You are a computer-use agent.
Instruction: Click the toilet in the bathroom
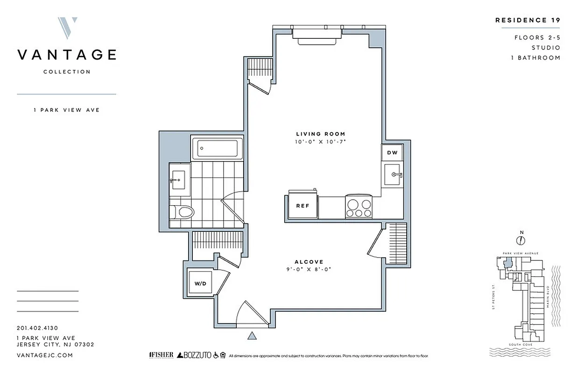tap(183, 212)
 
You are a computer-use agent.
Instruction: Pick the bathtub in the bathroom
tap(217, 148)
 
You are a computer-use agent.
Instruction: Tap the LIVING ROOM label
tap(320, 134)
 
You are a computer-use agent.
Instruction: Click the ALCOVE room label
tap(309, 262)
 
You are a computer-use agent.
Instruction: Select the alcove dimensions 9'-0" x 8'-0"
tap(309, 269)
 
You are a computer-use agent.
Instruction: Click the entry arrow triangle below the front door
tap(252, 336)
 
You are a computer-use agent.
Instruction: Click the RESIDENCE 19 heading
tap(527, 20)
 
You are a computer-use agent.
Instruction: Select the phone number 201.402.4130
tap(37, 328)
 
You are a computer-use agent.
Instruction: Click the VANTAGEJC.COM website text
tap(44, 355)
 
